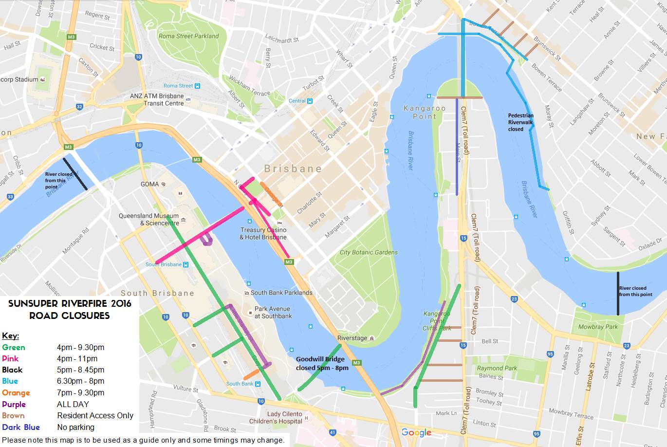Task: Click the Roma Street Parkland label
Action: [x=188, y=36]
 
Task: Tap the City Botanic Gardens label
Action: [x=369, y=252]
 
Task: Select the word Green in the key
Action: [x=14, y=347]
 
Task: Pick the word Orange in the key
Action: [x=16, y=392]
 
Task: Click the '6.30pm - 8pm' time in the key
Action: [x=80, y=381]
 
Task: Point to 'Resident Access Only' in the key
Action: [x=95, y=415]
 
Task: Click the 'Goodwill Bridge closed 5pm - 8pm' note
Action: [x=322, y=363]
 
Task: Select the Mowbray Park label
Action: [x=598, y=327]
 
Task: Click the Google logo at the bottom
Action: [x=416, y=432]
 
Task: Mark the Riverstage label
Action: [x=352, y=338]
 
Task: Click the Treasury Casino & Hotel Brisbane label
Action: [x=263, y=233]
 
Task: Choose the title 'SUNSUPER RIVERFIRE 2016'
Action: [x=70, y=304]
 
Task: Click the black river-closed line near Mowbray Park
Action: [x=618, y=293]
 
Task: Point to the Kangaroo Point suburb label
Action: [x=425, y=112]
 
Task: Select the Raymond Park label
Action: [x=497, y=368]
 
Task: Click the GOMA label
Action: [x=149, y=184]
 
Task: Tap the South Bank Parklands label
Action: [x=281, y=293]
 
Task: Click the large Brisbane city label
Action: [x=293, y=168]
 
